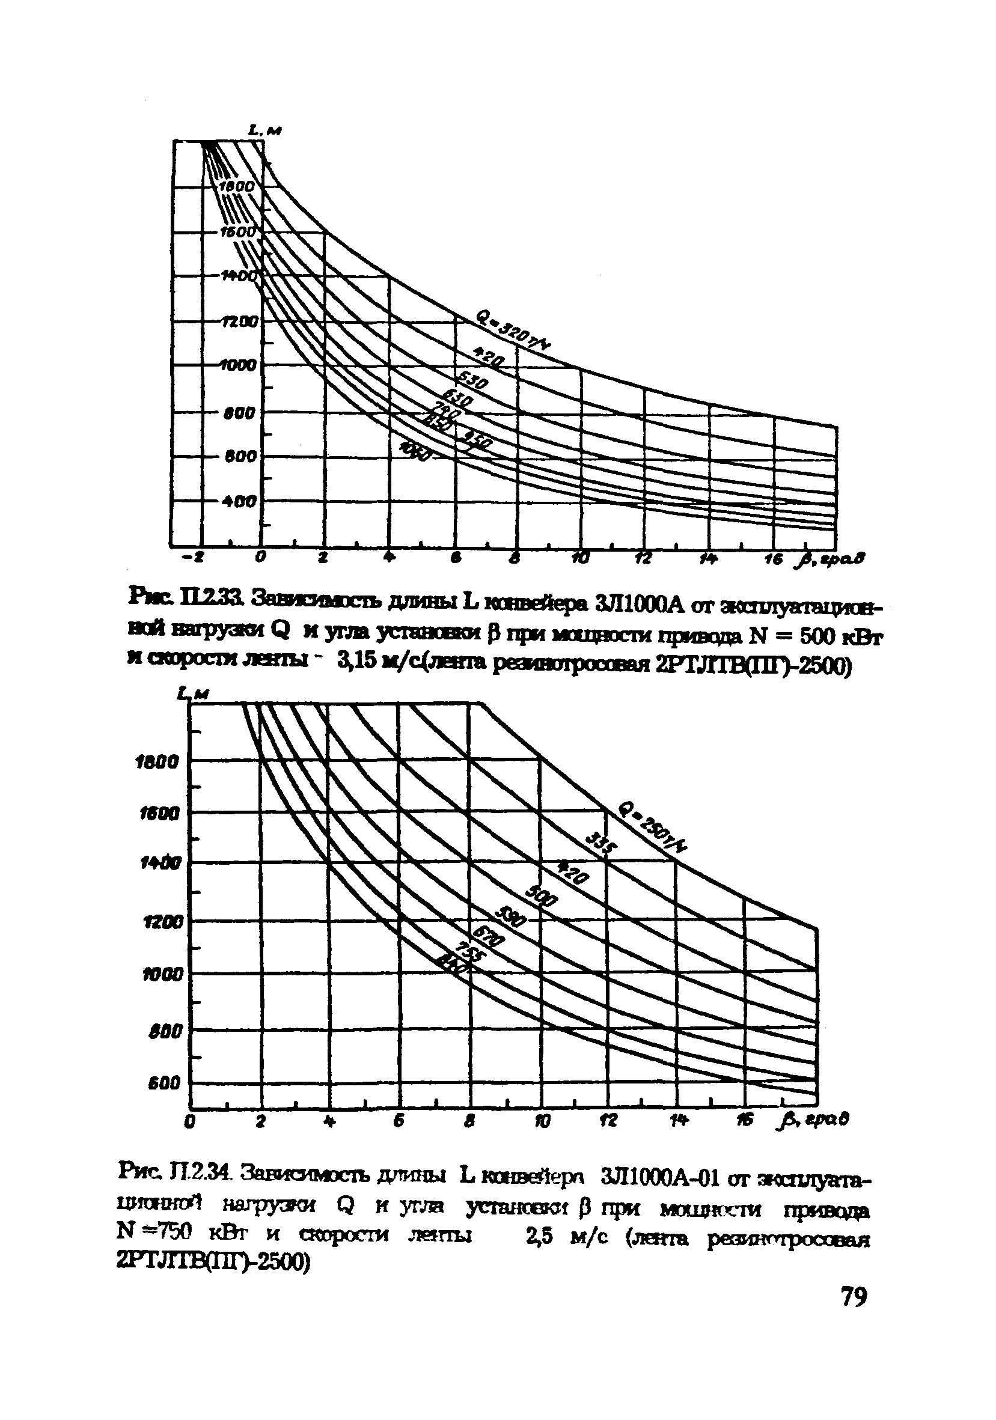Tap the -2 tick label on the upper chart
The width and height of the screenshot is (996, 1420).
(197, 558)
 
